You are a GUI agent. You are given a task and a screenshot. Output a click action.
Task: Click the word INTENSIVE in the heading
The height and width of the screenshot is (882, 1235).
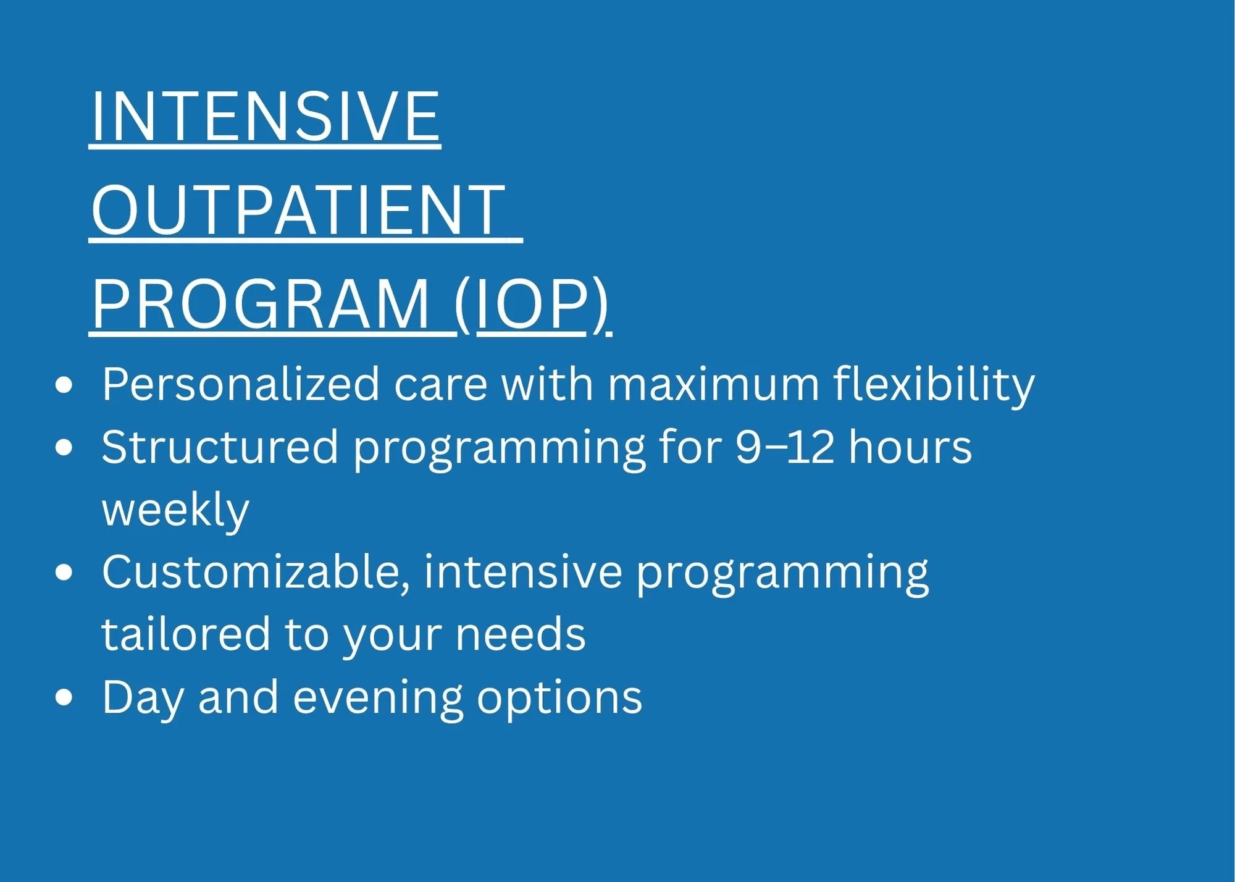(x=266, y=115)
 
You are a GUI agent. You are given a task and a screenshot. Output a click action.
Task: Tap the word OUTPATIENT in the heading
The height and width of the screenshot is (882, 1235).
(x=299, y=210)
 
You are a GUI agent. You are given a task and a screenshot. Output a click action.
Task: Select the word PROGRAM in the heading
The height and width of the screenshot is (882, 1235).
(x=261, y=304)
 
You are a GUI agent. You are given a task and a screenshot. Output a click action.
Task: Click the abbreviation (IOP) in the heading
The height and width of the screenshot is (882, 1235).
(x=532, y=306)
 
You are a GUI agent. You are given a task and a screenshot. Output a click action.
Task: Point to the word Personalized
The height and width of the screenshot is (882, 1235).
(x=241, y=385)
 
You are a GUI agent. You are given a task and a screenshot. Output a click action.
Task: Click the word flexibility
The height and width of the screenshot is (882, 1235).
(x=934, y=385)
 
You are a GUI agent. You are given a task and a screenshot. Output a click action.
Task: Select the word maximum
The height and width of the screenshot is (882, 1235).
(x=714, y=385)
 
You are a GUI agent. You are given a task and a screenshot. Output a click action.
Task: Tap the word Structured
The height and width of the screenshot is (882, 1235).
(x=220, y=447)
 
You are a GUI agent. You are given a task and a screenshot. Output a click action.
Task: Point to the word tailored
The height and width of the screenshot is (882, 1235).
(x=186, y=634)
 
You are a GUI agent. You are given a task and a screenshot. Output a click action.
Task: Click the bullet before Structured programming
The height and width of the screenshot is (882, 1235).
(x=64, y=448)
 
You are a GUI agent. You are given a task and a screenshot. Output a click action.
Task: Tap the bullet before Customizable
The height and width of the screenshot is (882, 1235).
(x=64, y=573)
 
